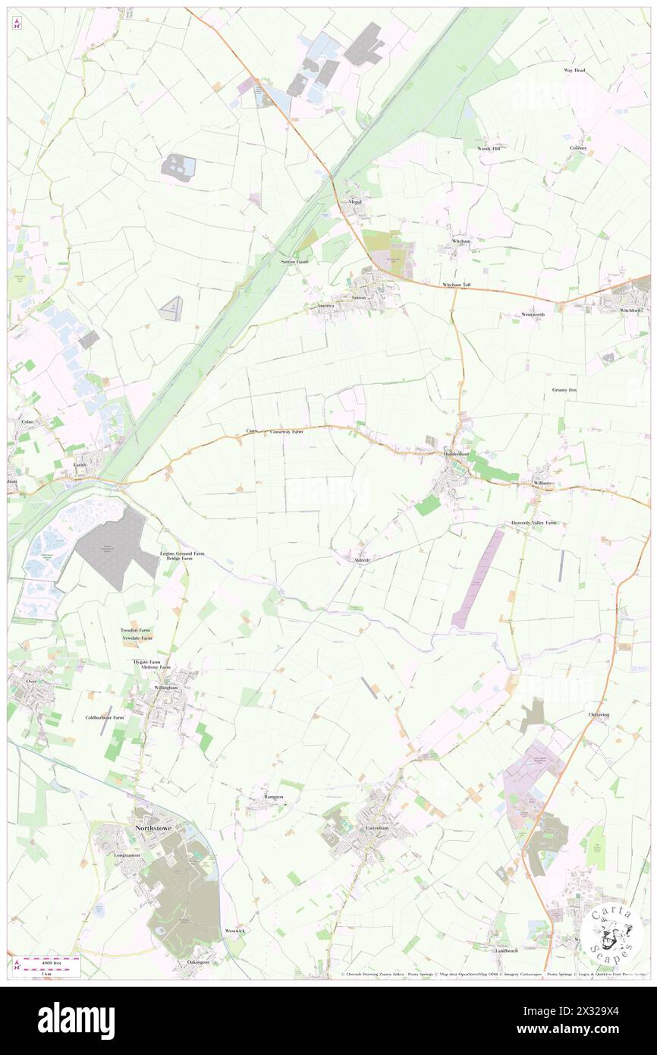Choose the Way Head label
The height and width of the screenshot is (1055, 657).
coord(574,71)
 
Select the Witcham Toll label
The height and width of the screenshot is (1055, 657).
coord(457,285)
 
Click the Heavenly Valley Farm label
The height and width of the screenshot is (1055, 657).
coord(533,523)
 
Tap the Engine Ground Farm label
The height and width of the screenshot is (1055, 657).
coord(182,553)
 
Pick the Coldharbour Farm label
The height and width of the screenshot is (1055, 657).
coord(104,717)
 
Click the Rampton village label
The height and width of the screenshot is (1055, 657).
coord(273,797)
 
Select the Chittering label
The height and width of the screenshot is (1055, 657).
coord(599,715)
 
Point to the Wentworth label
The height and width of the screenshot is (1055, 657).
coord(533,314)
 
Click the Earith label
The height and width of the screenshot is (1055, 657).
coord(80,464)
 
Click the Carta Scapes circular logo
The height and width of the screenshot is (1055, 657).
coord(611,931)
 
